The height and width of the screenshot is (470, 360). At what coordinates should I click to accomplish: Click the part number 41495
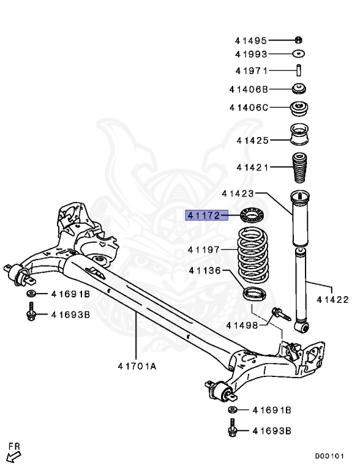pyautogui.click(x=250, y=41)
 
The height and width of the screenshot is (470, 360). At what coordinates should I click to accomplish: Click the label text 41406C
pyautogui.click(x=249, y=108)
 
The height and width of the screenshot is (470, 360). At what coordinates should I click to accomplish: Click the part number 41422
pyautogui.click(x=332, y=300)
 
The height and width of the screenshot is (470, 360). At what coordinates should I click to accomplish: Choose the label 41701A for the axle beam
pyautogui.click(x=137, y=367)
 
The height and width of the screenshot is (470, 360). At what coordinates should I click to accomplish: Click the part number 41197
pyautogui.click(x=204, y=249)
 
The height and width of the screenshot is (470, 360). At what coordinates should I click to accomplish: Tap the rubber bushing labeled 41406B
pyautogui.click(x=299, y=88)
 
